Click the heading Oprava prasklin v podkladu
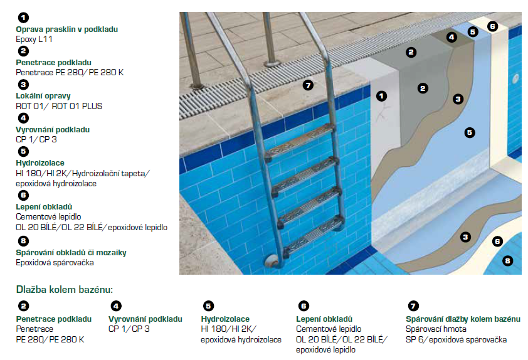66,29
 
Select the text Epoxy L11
34,39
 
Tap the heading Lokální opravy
43,96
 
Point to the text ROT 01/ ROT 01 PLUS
59,106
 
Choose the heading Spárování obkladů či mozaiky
71,253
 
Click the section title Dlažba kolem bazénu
65,289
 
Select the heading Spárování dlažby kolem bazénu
463,319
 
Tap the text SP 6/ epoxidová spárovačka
457,339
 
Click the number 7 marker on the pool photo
308,85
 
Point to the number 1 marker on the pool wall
381,97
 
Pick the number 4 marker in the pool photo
451,37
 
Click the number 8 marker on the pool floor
507,261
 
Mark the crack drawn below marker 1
383,113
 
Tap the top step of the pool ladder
299,140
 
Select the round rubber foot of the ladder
273,261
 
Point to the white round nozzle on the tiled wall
515,79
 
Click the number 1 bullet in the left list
23,18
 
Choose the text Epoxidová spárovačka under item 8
55,263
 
